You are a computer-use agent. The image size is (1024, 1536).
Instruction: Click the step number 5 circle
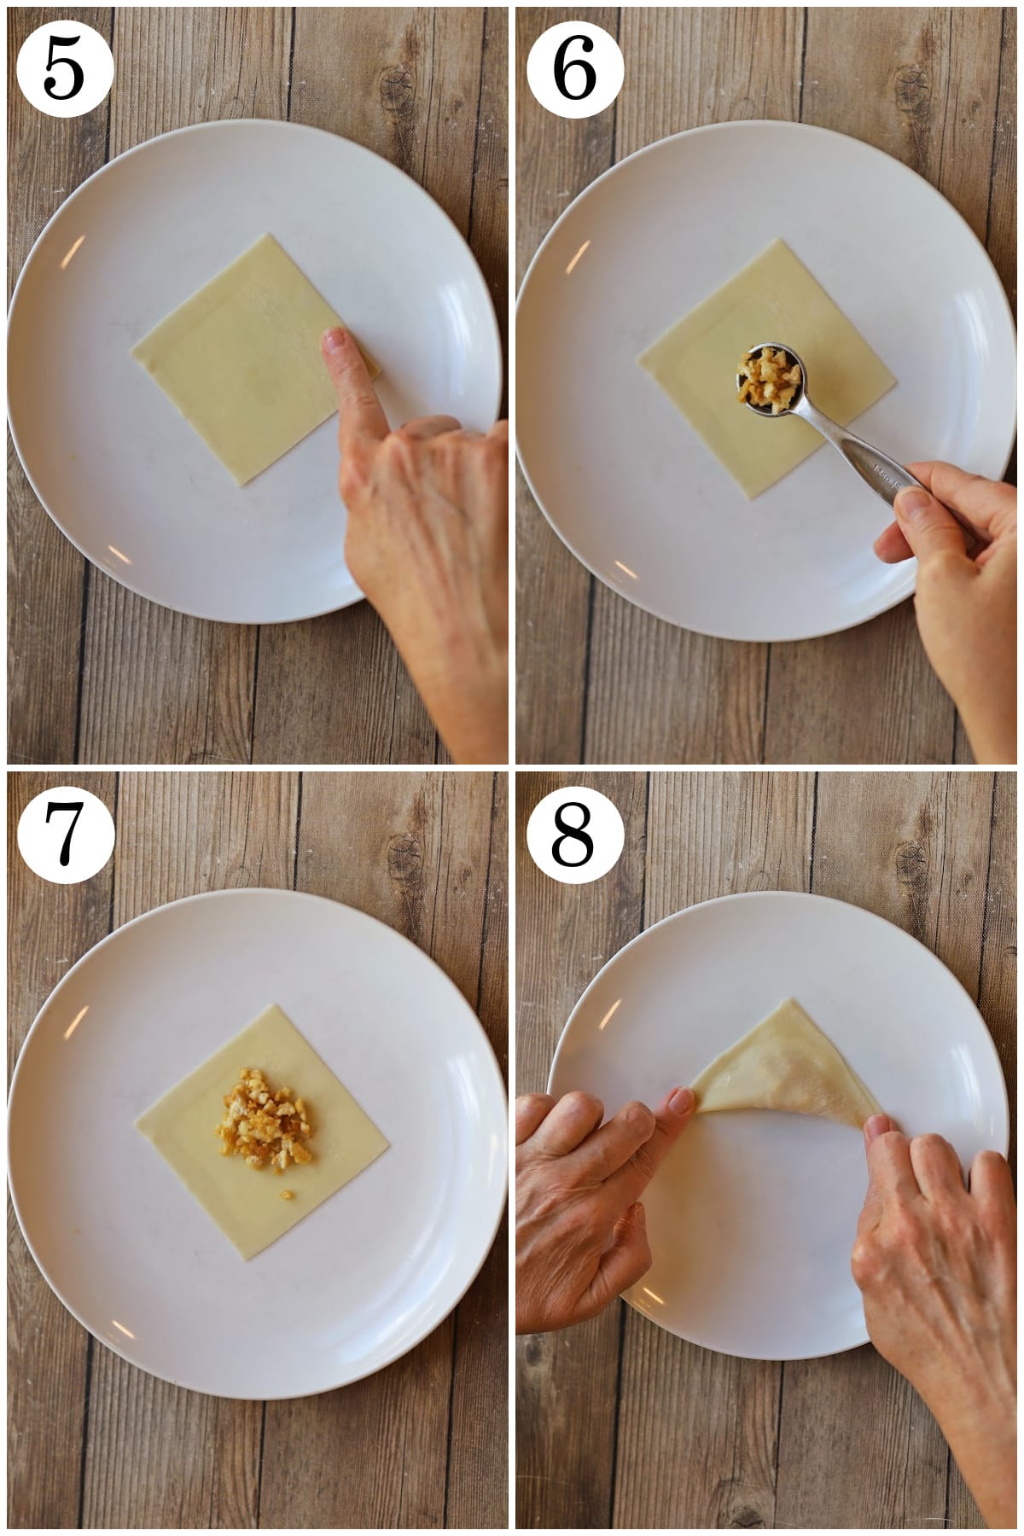click(64, 67)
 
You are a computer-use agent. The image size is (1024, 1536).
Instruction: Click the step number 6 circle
click(574, 67)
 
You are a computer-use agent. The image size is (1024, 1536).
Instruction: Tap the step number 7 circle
click(64, 833)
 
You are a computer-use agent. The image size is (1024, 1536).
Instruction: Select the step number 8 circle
click(574, 833)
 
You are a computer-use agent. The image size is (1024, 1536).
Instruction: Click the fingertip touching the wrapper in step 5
click(334, 343)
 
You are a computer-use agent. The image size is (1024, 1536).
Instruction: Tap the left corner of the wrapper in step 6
click(640, 350)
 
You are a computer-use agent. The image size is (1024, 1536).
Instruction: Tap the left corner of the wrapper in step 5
click(132, 347)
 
